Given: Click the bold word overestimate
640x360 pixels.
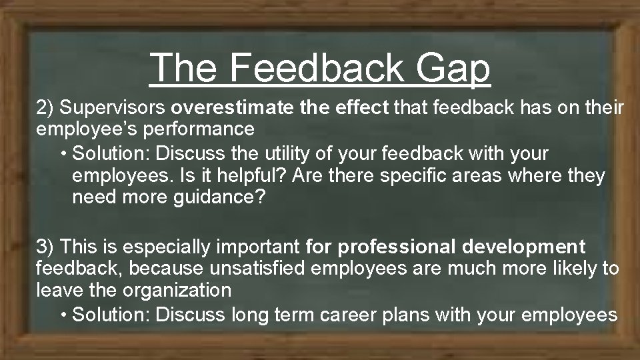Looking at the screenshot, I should click(227, 107).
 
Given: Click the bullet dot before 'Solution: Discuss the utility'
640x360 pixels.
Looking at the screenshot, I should click(63, 154).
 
